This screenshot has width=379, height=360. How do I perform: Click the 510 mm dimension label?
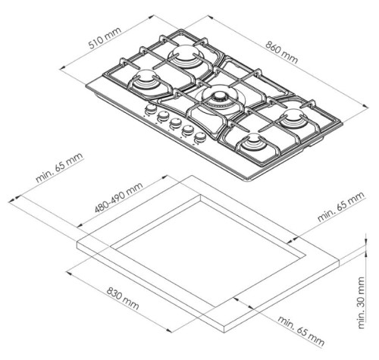coord(105,38)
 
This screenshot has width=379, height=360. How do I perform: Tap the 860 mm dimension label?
coord(282,52)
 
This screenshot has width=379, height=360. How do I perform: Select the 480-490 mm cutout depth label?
coord(119,197)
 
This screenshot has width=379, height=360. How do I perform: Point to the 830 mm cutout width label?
coord(123,299)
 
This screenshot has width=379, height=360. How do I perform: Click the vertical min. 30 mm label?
coord(362,303)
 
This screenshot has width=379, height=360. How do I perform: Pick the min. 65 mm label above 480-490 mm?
coord(59,167)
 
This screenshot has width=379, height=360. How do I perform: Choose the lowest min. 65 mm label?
coord(301,330)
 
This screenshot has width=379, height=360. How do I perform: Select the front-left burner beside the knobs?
coord(146,80)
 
